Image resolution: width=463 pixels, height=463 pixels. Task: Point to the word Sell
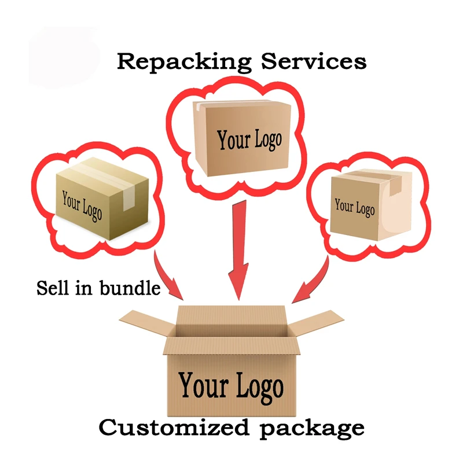click(x=51, y=288)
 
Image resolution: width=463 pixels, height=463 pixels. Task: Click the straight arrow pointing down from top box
click(x=238, y=249)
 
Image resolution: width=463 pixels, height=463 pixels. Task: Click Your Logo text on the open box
click(x=231, y=385)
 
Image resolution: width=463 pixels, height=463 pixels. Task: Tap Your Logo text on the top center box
click(x=249, y=139)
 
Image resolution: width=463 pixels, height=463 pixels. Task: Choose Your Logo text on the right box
click(x=354, y=207)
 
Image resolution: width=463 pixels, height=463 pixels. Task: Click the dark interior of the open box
click(x=231, y=330)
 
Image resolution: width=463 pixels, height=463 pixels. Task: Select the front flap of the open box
click(x=231, y=346)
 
